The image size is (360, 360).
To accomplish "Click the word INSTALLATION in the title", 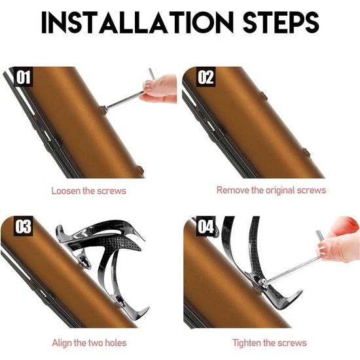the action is click(x=137, y=22).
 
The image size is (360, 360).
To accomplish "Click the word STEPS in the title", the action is click(x=281, y=22).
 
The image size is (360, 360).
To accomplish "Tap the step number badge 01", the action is click(x=23, y=77).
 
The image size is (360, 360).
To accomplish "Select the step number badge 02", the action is click(x=206, y=77).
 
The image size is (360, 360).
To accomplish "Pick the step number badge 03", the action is click(x=23, y=226).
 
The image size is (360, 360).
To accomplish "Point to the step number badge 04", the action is click(x=206, y=226).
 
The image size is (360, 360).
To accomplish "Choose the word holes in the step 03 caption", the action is click(x=116, y=343).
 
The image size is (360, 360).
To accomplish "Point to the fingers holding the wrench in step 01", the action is click(x=160, y=88).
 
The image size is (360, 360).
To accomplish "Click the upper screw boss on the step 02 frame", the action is click(x=263, y=96).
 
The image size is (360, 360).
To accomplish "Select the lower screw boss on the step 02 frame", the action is click(x=306, y=153).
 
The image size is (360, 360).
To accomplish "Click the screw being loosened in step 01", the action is click(x=103, y=110).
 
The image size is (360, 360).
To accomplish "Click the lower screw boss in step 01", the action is click(x=140, y=170).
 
